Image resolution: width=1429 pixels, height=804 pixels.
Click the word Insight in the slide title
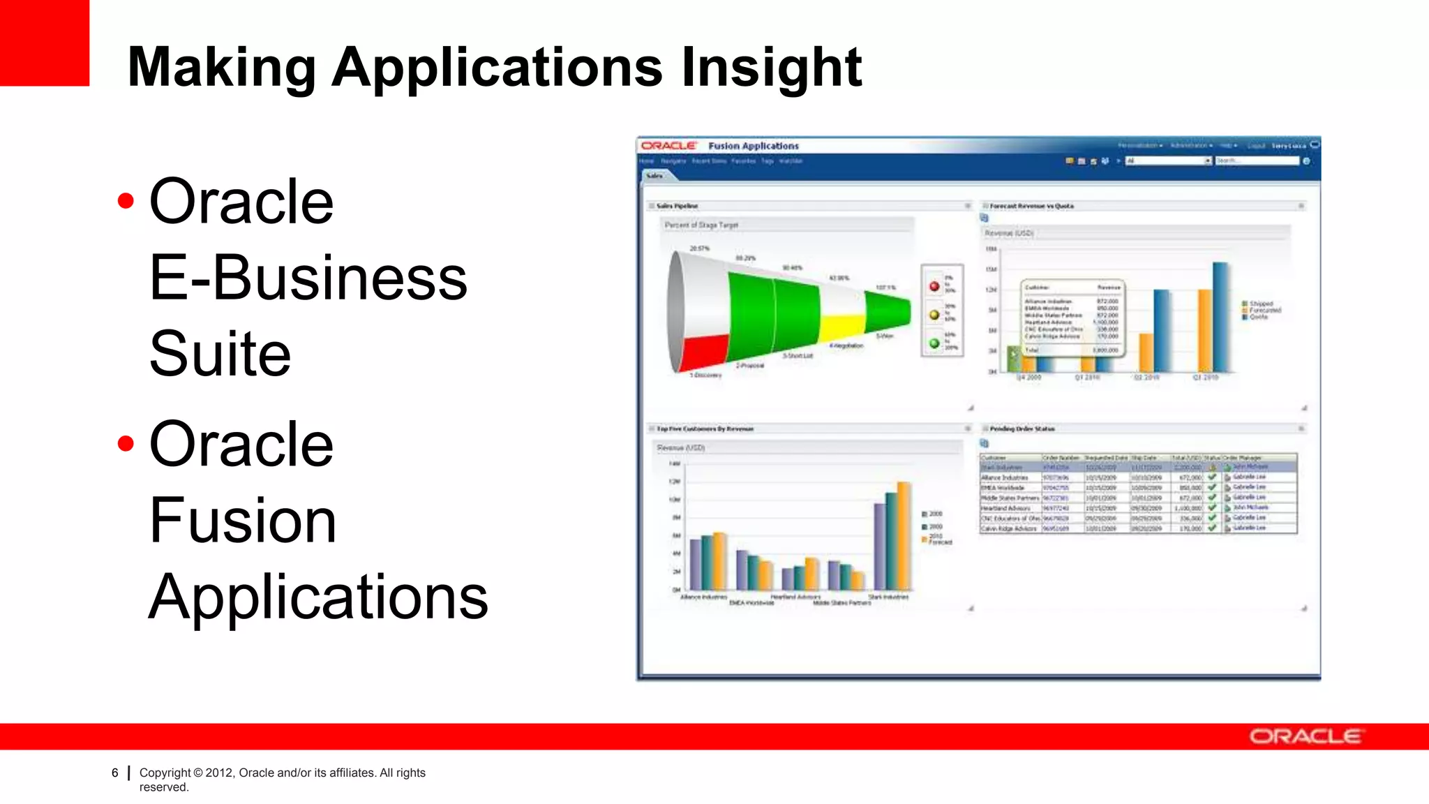pyautogui.click(x=771, y=67)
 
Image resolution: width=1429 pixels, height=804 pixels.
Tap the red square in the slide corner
pyautogui.click(x=44, y=42)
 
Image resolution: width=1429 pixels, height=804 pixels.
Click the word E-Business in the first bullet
pyautogui.click(x=308, y=278)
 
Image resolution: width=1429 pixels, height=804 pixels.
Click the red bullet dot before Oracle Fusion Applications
pyautogui.click(x=126, y=443)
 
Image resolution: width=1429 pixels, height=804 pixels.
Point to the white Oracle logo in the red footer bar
pyautogui.click(x=1305, y=736)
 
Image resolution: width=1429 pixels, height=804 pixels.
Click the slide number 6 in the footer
pyautogui.click(x=115, y=773)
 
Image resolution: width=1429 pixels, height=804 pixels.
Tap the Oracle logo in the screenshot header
pyautogui.click(x=668, y=146)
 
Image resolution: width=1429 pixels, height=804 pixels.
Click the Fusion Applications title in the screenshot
pyautogui.click(x=754, y=146)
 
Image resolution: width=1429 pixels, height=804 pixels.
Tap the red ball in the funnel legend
pyautogui.click(x=934, y=286)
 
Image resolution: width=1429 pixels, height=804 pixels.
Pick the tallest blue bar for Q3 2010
pyautogui.click(x=1220, y=318)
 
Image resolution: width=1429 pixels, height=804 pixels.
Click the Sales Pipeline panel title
pyautogui.click(x=677, y=206)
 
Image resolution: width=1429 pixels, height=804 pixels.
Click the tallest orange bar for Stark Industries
pyautogui.click(x=904, y=536)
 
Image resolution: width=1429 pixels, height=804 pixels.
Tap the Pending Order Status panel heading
pyautogui.click(x=1022, y=429)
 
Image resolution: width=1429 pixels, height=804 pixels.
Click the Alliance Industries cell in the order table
pyautogui.click(x=1005, y=477)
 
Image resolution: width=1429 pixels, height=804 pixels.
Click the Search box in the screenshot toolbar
pyautogui.click(x=1256, y=161)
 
